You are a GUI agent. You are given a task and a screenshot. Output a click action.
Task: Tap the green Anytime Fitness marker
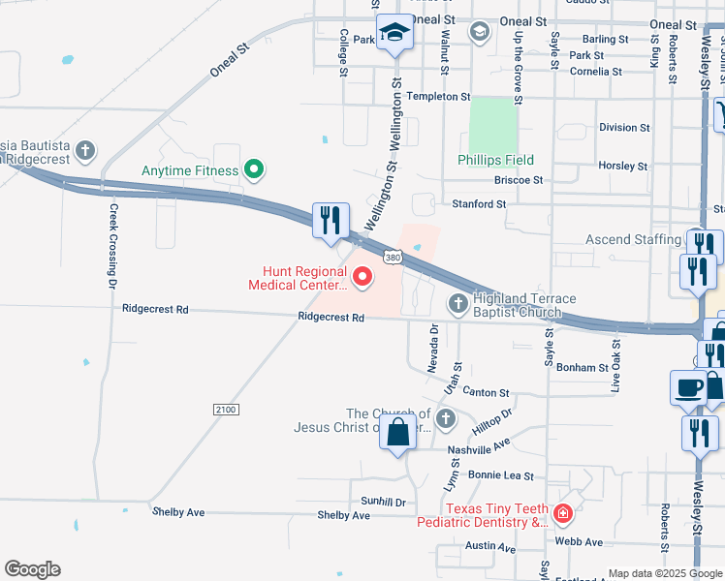pos(254,170)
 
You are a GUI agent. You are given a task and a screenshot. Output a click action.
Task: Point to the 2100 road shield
pos(225,411)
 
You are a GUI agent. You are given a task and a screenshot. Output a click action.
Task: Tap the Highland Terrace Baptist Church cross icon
pos(458,304)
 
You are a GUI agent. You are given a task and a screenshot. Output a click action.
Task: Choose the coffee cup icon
pos(688,387)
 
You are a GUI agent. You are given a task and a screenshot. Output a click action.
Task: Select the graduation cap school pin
pos(394,36)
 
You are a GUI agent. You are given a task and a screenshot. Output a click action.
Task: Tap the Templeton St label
pos(437,97)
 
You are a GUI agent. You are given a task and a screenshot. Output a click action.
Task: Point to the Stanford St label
pos(479,204)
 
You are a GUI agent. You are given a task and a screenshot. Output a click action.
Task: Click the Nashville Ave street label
pos(478,449)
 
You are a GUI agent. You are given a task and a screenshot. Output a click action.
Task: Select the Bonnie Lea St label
pos(501,475)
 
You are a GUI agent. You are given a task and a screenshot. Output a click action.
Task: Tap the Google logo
pos(32,569)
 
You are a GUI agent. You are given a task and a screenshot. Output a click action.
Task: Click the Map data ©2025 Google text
pos(663,573)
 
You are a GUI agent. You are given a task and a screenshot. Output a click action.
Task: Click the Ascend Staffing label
pos(633,239)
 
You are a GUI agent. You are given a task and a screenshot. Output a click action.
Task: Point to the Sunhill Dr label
pos(382,502)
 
